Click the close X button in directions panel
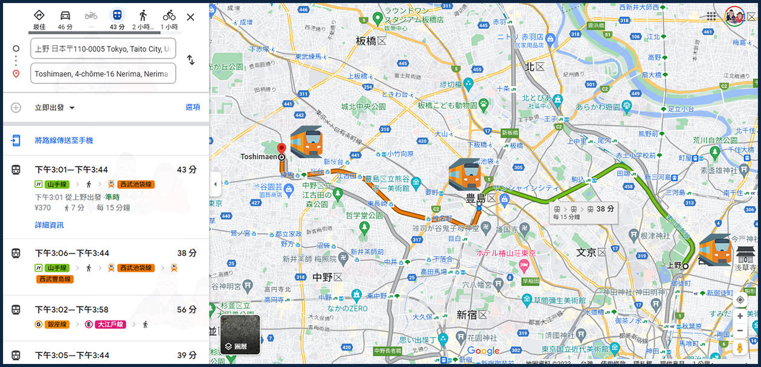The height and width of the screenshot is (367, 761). [190, 17]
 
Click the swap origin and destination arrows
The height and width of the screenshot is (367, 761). [190, 60]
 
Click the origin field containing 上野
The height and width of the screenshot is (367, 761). [103, 49]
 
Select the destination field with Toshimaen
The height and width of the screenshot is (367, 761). [103, 74]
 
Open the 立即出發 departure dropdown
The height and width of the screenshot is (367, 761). [55, 107]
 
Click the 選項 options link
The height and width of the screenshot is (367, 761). [193, 107]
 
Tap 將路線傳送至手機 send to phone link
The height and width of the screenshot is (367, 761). [63, 141]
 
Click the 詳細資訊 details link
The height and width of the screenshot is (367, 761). [49, 225]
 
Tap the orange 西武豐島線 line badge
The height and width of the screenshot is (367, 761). [56, 279]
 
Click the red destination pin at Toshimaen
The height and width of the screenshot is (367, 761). [281, 149]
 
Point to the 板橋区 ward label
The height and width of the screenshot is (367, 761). [371, 41]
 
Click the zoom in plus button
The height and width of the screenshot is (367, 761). [740, 316]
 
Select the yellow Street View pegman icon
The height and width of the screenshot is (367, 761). [740, 348]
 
